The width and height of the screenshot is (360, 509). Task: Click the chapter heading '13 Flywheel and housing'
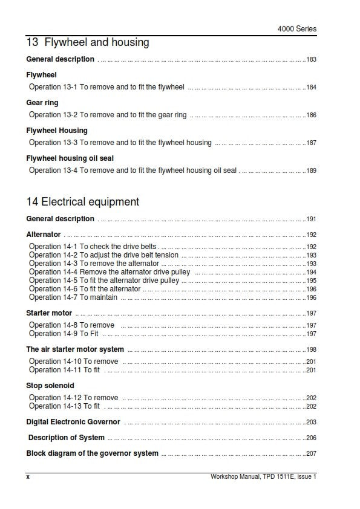pos(88,42)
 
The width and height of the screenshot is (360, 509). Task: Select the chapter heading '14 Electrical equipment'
pos(83,202)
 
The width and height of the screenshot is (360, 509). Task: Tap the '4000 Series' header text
pos(296,28)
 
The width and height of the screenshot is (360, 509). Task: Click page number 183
pos(311,60)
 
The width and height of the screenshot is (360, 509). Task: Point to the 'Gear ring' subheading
pos(42,103)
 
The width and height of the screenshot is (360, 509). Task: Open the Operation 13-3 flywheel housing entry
pos(120,143)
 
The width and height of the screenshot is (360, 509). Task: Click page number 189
pos(311,171)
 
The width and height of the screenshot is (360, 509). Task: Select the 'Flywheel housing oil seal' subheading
pos(70,158)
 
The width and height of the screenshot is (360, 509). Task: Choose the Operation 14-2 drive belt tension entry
pos(104,255)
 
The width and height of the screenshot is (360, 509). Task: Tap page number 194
pos(311,273)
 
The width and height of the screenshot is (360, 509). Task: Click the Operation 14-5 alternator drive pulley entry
pos(104,280)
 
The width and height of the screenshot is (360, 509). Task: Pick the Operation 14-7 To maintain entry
pos(73,297)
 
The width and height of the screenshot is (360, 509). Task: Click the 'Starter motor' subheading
pos(49,313)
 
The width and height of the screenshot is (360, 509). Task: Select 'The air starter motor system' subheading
pos(75,349)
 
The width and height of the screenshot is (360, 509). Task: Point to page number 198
pos(311,350)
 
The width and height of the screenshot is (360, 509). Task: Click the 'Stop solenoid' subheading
pos(50,385)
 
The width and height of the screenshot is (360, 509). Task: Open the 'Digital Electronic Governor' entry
pos(73,422)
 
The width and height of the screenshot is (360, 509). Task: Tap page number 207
pos(311,453)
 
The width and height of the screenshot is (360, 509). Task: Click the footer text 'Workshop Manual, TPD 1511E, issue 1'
pos(263,477)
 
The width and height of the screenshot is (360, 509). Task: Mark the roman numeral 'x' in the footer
pos(28,477)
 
